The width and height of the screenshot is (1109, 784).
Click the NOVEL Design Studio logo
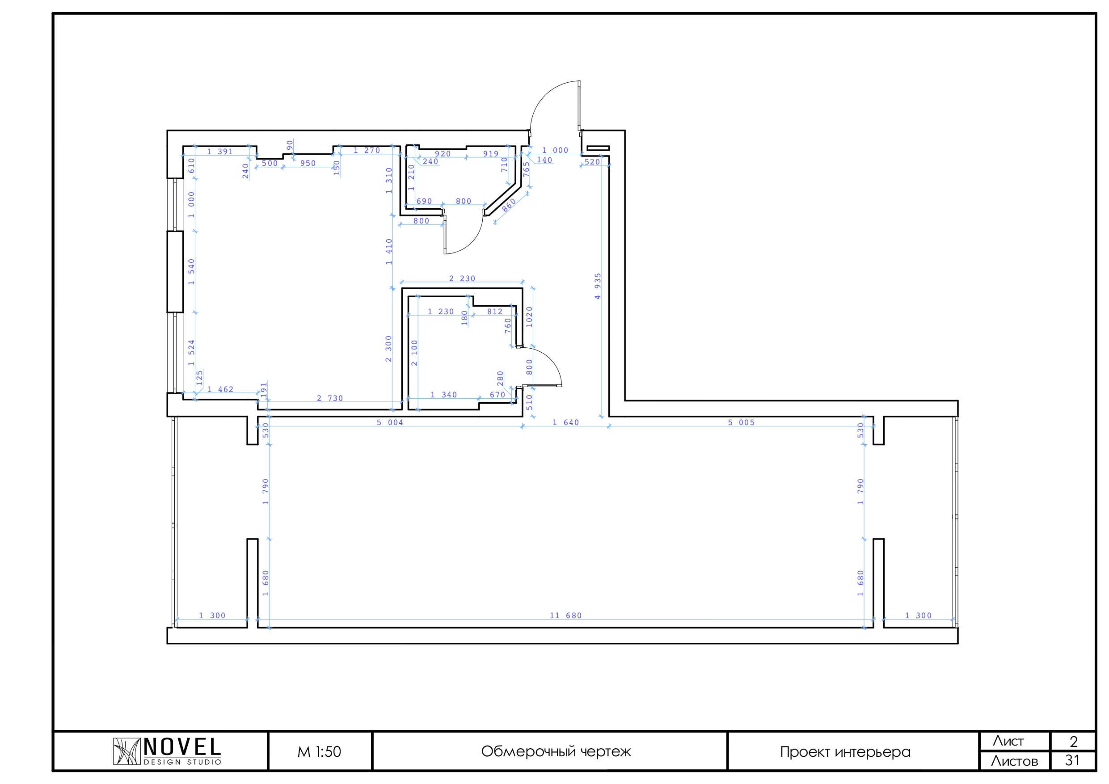pos(167,751)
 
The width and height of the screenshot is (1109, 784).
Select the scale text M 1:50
pos(319,752)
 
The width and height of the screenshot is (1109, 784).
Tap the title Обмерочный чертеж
pos(556,752)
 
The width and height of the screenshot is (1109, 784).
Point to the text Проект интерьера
pos(845,752)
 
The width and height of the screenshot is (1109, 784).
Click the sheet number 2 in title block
pos(1074,741)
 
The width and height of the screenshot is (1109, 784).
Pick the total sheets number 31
pos(1073,760)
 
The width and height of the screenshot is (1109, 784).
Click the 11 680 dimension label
pos(565,615)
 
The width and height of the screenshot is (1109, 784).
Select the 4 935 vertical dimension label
pos(598,287)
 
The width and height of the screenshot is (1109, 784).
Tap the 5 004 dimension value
pos(390,423)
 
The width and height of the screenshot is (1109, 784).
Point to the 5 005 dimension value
pos(742,423)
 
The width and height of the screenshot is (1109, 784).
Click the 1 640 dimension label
pos(565,423)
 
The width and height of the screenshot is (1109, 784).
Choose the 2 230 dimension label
pos(462,279)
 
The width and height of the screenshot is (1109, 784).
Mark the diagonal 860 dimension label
pos(509,205)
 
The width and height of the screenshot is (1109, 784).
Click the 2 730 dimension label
pos(330,399)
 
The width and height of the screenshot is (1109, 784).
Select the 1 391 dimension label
pos(220,152)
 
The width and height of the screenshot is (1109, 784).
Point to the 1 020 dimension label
pos(529,317)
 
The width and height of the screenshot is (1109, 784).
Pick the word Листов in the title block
pos(1015,761)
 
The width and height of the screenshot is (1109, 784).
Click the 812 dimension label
pos(495,312)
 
